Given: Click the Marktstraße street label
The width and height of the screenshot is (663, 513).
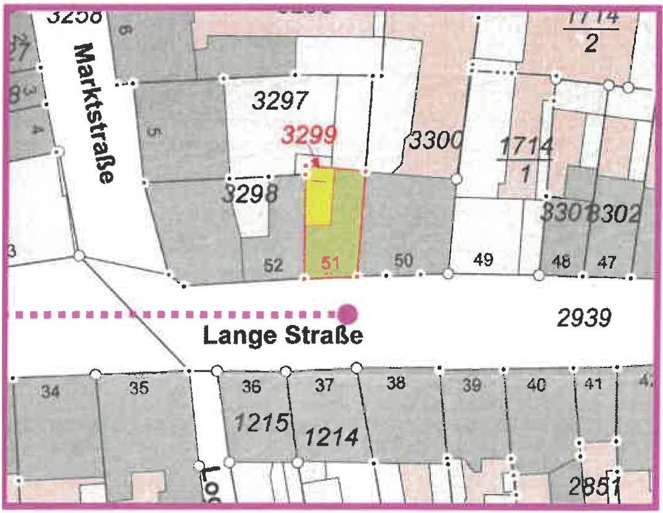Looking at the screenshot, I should click(94, 113).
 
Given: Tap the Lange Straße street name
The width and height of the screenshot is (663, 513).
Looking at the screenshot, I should click(283, 337).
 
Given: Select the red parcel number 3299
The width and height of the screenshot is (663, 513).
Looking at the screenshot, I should click(310, 134).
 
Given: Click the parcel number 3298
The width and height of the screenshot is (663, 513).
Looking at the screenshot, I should click(250, 195).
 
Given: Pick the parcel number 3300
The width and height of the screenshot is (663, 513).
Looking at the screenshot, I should click(435, 142).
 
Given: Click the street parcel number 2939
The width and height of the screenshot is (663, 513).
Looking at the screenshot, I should click(584, 319).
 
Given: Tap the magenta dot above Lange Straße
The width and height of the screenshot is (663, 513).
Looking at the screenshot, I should click(348, 314).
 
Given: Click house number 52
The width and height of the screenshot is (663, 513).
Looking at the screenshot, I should click(273, 266).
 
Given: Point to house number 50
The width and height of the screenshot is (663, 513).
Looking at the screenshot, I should click(403, 261).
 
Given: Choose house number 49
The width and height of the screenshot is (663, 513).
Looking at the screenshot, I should click(483, 260).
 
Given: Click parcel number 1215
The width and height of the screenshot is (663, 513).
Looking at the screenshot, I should click(262, 423).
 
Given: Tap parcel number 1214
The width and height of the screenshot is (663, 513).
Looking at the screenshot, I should click(331, 437).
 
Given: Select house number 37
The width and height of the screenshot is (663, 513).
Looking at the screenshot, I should click(325, 386).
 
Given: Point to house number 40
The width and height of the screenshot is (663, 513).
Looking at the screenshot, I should click(536, 385).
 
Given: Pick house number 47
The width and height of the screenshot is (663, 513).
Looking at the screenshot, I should click(606, 263).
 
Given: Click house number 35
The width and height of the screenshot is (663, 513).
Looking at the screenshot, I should click(140, 388).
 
